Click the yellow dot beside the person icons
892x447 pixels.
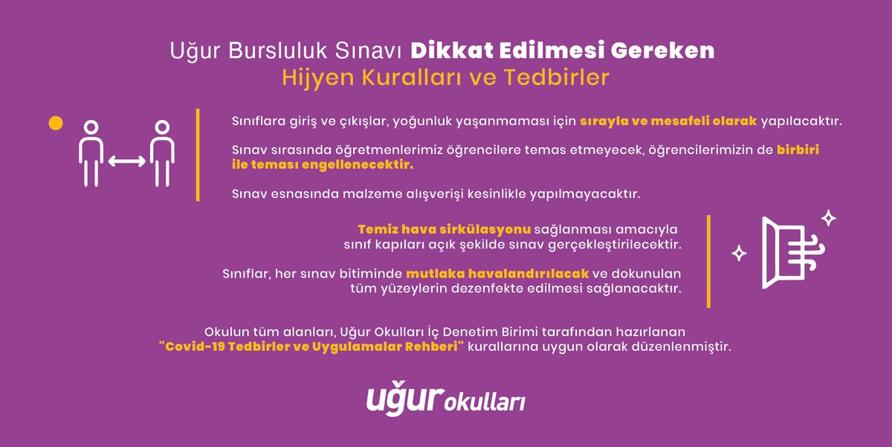tap(54, 123)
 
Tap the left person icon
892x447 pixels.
tap(90, 152)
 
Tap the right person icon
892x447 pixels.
tap(160, 152)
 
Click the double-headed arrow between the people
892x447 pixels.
tap(125, 160)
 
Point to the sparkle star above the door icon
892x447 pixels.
tap(828, 218)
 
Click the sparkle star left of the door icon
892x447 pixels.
tap(739, 254)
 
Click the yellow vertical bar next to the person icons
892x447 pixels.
tap(198, 155)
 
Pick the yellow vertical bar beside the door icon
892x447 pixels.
tap(708, 261)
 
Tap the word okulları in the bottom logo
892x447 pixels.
tap(485, 402)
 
